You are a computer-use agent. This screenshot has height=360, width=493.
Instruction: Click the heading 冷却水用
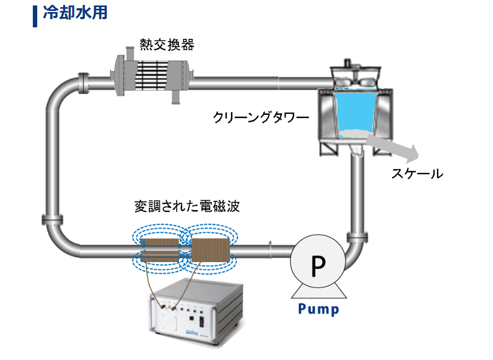click(x=75, y=13)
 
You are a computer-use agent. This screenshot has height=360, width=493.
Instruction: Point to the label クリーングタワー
click(x=260, y=117)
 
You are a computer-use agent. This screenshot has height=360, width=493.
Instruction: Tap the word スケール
click(x=417, y=174)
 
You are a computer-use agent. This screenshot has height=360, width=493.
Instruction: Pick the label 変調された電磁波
click(x=187, y=207)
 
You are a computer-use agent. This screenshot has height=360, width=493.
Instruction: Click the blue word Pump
click(x=318, y=309)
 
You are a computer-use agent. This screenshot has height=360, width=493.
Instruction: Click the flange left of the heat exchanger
click(x=84, y=82)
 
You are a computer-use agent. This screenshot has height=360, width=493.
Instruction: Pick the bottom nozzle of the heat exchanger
click(x=176, y=97)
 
